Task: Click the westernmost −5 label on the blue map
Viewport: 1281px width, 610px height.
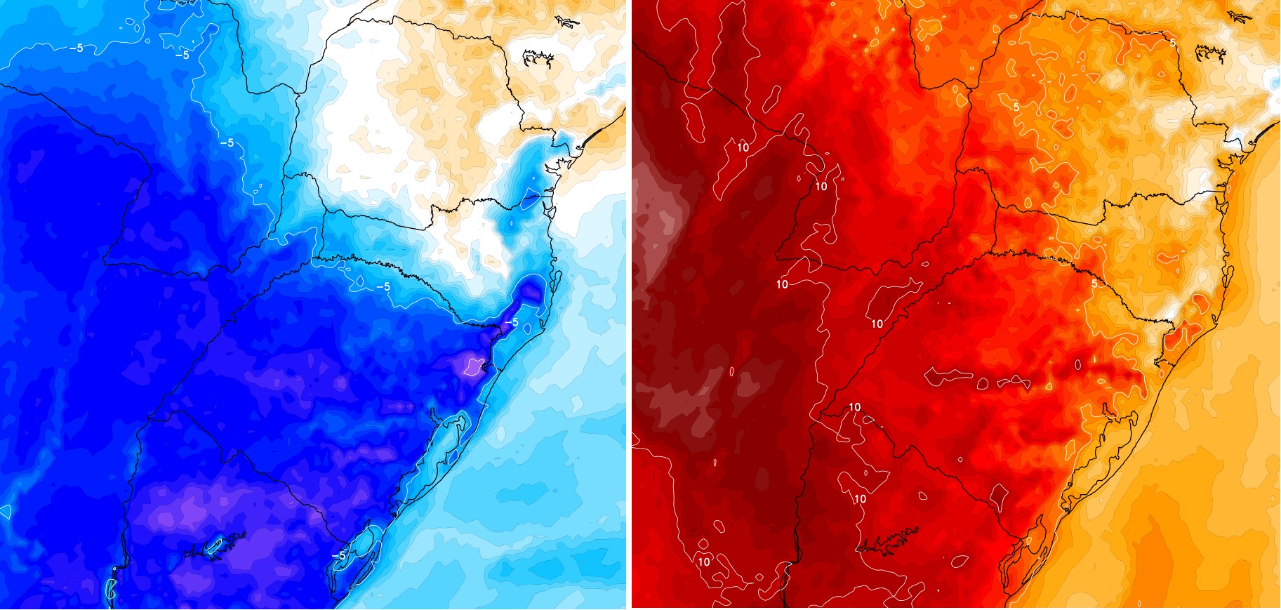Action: (76, 48)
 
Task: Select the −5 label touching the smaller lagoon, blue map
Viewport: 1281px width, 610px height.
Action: (338, 555)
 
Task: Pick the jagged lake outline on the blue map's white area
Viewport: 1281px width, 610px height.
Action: (538, 58)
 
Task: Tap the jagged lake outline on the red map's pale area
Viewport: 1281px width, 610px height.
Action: (1210, 53)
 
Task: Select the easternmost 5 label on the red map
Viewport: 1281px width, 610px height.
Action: (1173, 43)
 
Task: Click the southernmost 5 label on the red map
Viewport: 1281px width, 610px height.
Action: (1094, 284)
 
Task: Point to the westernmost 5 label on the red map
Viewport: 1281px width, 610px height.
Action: (1016, 107)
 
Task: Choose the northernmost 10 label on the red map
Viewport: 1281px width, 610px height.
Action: (743, 147)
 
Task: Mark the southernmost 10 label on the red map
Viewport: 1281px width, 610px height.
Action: (703, 562)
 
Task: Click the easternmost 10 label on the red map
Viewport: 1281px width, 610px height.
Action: (877, 324)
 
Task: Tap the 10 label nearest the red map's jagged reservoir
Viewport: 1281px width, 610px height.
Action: (860, 498)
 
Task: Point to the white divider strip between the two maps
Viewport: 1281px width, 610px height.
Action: (629, 305)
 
